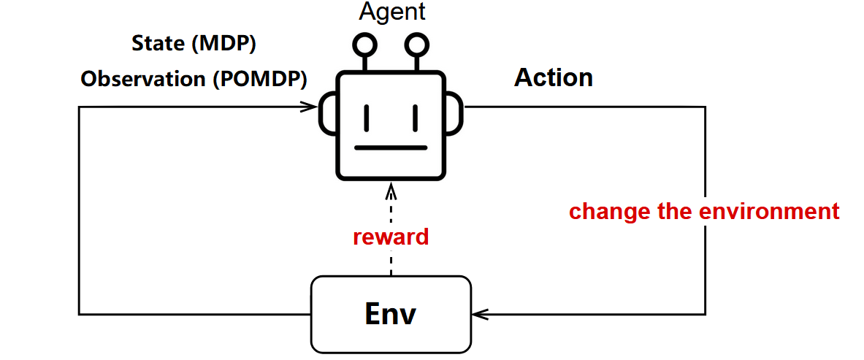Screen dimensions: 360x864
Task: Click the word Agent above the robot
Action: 391,12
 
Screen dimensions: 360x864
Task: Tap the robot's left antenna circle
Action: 364,46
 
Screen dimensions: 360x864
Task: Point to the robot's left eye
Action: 367,117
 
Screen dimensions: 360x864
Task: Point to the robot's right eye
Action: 414,117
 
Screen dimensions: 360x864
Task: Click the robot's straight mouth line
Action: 391,148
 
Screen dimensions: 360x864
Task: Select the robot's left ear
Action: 326,115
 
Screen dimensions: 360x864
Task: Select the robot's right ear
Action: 454,115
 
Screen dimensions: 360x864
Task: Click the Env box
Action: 391,314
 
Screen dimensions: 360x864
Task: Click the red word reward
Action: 391,237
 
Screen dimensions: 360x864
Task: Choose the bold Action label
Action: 554,77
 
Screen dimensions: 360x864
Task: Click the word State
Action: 158,44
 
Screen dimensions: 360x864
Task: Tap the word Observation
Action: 144,79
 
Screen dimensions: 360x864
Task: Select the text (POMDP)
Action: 259,79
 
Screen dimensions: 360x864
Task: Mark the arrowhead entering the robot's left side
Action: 313,107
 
